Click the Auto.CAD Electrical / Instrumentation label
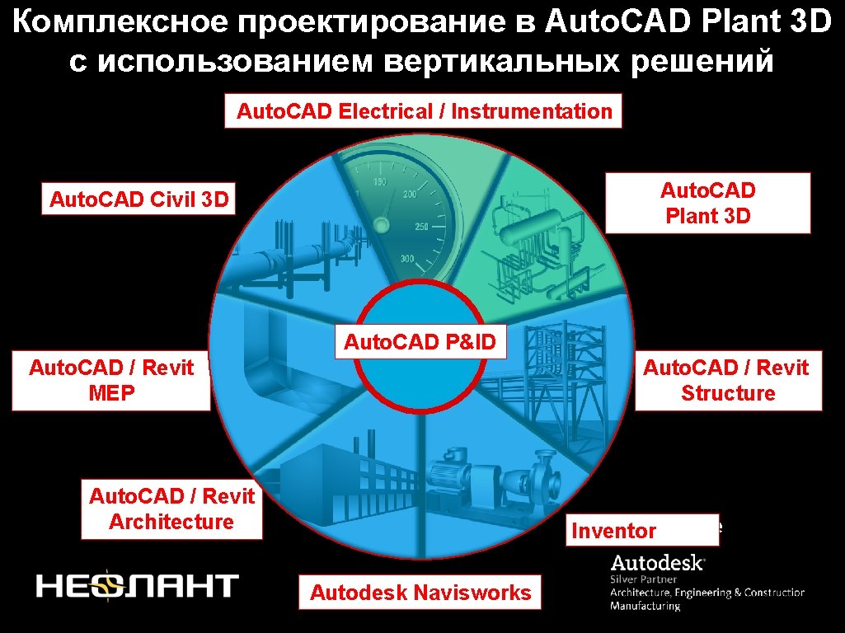(424, 112)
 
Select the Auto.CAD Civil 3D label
(138, 199)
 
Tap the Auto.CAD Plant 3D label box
(708, 204)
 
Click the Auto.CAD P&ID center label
(420, 342)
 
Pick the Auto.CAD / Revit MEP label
(111, 380)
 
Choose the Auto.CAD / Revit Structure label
(728, 380)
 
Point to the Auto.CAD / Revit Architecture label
(171, 509)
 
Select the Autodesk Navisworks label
(420, 592)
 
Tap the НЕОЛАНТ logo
(137, 585)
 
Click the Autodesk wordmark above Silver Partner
(657, 564)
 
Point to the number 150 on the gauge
(381, 182)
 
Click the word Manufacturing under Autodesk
(645, 606)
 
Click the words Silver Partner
(643, 579)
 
